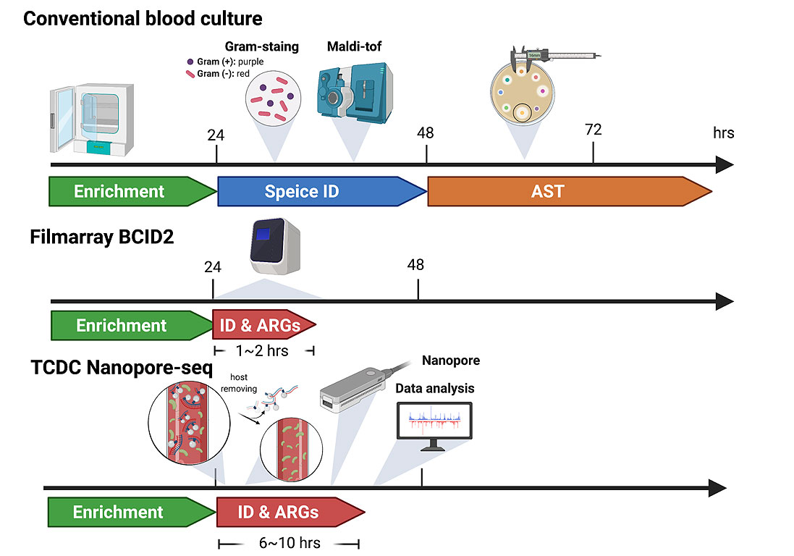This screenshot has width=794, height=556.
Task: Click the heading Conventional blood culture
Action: point(143,17)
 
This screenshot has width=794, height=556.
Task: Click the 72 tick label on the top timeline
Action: point(593,130)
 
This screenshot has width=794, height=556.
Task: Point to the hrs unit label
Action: point(723,132)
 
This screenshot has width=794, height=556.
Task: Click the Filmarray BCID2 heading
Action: point(102,236)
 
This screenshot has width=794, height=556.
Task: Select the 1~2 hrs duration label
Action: point(262,351)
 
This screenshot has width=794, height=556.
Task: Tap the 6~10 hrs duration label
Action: point(290,543)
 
